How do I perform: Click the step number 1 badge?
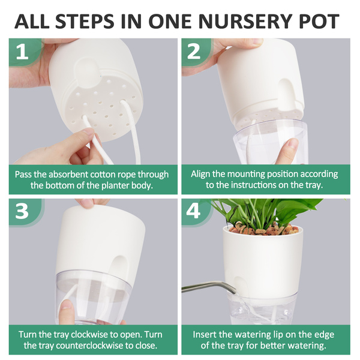pyautogui.click(x=23, y=52)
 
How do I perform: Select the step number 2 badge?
pyautogui.click(x=194, y=52)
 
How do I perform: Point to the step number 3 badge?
pyautogui.click(x=22, y=211)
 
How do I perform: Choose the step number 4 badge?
pyautogui.click(x=194, y=211)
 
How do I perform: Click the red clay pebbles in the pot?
pyautogui.click(x=263, y=229)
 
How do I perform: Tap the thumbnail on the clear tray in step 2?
pyautogui.click(x=291, y=144)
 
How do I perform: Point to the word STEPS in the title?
pyautogui.click(x=85, y=21)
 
